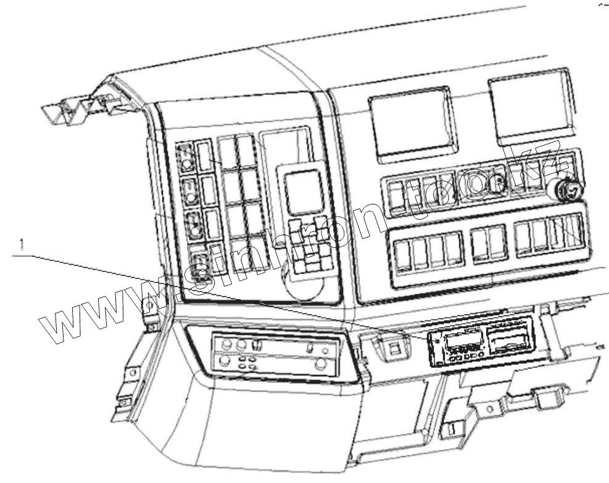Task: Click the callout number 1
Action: (x=22, y=245)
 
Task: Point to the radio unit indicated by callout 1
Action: (x=480, y=344)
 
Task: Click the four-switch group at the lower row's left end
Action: (x=429, y=250)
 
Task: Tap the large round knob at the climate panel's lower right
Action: (x=320, y=364)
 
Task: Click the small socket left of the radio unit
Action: (x=393, y=347)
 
